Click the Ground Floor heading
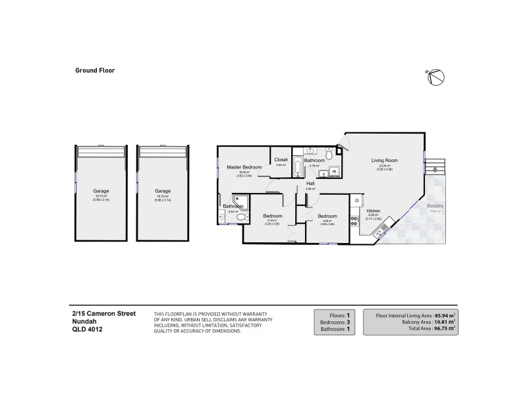[95, 69]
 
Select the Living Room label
[381, 160]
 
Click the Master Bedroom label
[244, 167]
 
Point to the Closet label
[281, 160]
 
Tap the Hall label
[310, 183]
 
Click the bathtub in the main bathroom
[297, 167]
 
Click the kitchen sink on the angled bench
[380, 230]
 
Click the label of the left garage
[101, 192]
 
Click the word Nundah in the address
[84, 322]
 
